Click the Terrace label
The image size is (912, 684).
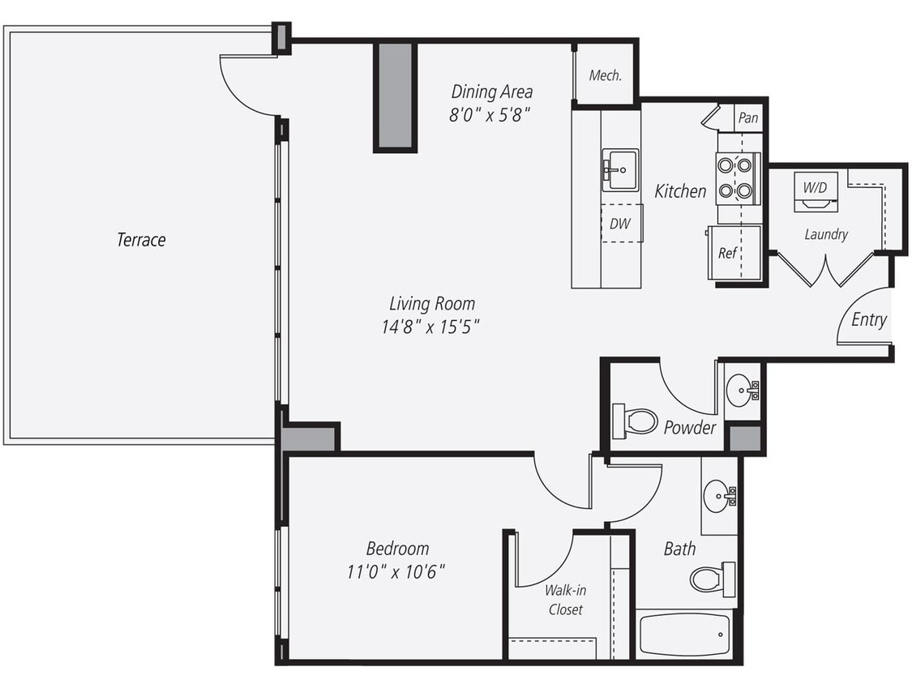[141, 240]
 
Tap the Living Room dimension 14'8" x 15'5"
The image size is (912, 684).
[431, 327]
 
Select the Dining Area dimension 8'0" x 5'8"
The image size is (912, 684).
[490, 114]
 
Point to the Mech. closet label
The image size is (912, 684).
[605, 75]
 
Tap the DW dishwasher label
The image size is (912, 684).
[621, 223]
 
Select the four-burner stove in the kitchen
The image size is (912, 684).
[736, 178]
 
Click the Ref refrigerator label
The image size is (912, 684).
[728, 253]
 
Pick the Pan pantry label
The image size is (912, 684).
[748, 118]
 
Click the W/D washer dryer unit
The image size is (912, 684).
[815, 190]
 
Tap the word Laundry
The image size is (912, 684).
[826, 234]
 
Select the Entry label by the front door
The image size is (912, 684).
[868, 320]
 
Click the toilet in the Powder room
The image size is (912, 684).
[636, 421]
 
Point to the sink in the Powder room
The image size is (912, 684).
[741, 391]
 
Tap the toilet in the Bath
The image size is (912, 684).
[712, 579]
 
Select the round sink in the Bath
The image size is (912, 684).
[718, 495]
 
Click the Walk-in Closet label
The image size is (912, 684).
[565, 600]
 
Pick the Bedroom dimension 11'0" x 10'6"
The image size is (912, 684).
[396, 572]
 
